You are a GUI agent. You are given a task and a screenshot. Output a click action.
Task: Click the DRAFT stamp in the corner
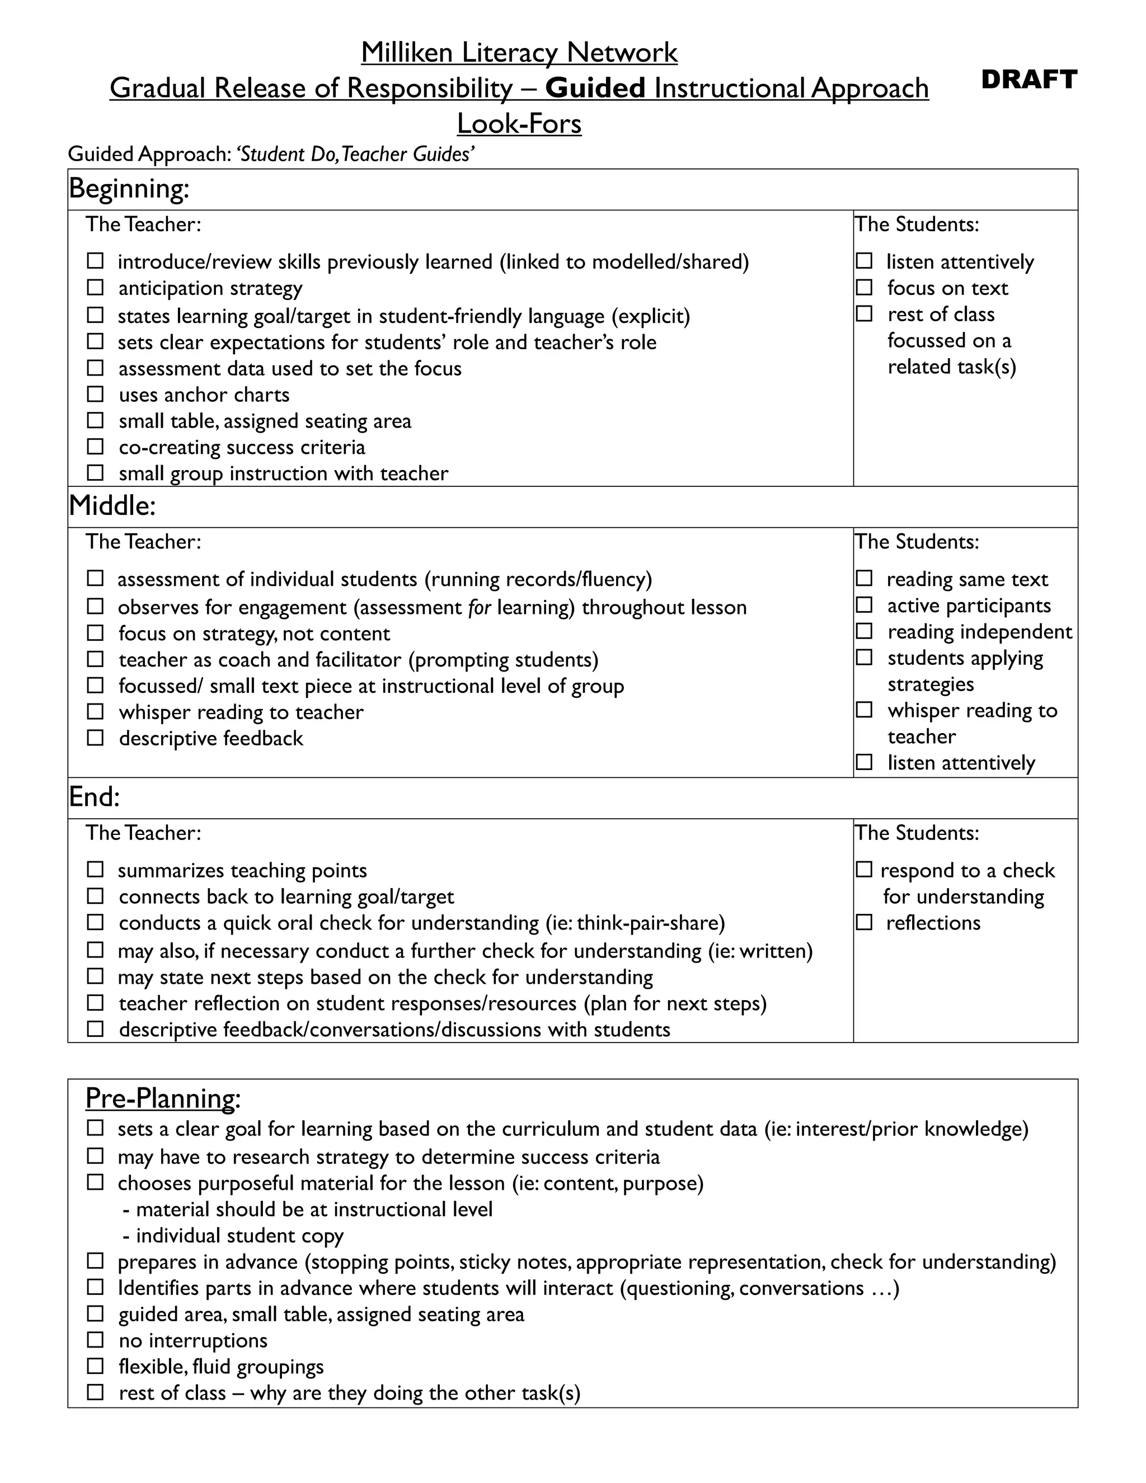(1028, 79)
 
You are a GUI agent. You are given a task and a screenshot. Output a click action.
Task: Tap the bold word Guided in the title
(595, 88)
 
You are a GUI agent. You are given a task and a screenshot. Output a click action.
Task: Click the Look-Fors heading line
(519, 124)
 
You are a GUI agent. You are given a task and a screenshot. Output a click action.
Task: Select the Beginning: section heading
(129, 188)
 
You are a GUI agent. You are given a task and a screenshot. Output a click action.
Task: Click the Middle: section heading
(112, 505)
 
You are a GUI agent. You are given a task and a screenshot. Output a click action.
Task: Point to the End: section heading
(95, 796)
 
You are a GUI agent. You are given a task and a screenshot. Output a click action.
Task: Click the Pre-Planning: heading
(163, 1098)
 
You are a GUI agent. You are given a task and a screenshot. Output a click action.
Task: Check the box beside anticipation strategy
(95, 288)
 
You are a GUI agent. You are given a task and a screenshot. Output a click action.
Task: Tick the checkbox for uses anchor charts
(95, 395)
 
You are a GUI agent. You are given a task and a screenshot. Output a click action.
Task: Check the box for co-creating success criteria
(95, 447)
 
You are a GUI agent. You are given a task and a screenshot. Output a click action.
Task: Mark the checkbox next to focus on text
(863, 288)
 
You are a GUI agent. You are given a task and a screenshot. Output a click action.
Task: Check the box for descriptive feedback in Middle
(95, 738)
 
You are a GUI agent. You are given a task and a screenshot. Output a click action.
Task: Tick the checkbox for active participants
(863, 605)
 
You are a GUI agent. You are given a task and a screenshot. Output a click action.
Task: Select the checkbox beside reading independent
(863, 631)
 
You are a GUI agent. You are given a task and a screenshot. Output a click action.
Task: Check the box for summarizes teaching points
(95, 870)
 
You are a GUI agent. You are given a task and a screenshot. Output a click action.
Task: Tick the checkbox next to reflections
(863, 922)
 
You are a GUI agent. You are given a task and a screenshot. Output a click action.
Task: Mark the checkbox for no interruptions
(95, 1340)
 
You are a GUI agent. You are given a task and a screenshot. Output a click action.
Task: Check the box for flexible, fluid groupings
(95, 1366)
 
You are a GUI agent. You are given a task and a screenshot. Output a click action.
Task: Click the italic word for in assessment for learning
(480, 607)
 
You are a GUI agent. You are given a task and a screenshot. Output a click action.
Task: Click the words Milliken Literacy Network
(519, 52)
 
